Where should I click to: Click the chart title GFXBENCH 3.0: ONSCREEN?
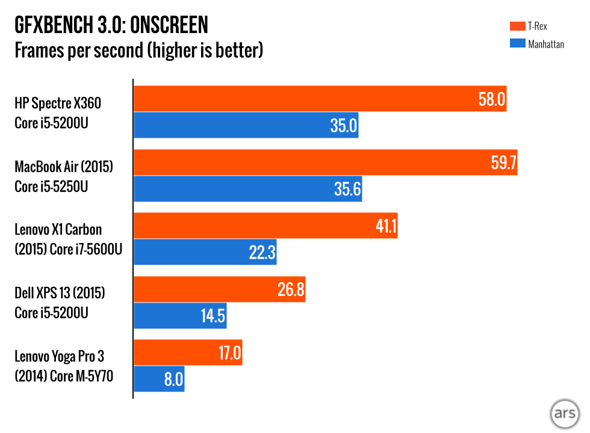[x=111, y=25]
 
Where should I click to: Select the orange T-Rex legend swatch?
[x=517, y=26]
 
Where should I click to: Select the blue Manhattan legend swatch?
[x=517, y=43]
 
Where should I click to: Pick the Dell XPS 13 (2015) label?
[x=60, y=302]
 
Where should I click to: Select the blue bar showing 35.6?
[x=247, y=189]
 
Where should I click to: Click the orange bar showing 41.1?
[x=265, y=226]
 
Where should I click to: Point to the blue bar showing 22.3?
[x=205, y=253]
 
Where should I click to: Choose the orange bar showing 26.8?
[x=219, y=289]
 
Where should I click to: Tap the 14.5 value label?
[x=212, y=316]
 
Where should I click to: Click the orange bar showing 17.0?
[x=187, y=353]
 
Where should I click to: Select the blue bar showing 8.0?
[x=159, y=379]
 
